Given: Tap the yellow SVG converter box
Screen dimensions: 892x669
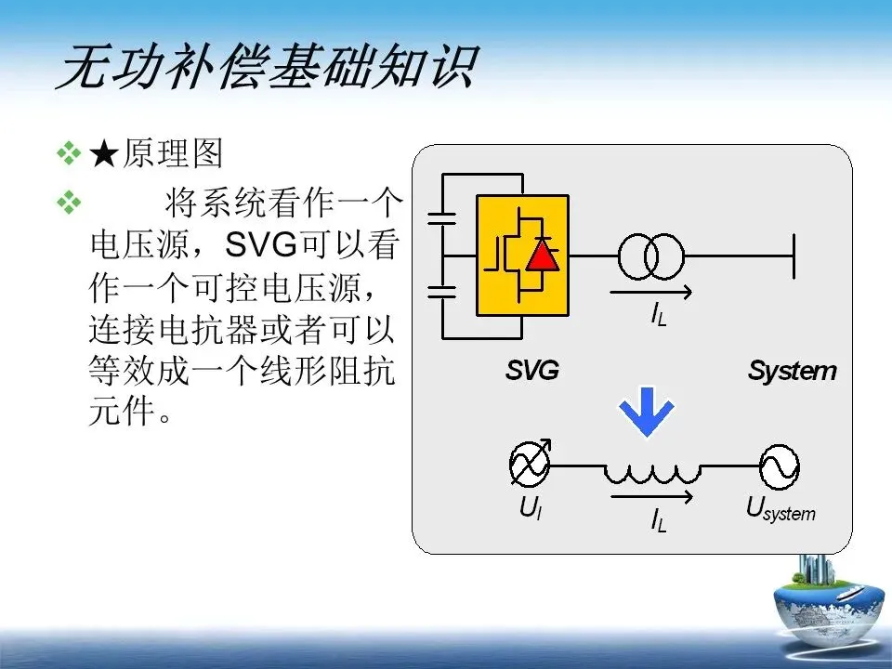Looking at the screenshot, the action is [522, 256].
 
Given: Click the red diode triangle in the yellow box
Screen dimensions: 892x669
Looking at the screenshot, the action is [542, 256].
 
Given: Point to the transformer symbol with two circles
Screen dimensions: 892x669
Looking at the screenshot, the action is [651, 256].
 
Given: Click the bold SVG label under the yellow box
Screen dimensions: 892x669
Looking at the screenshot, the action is [532, 371].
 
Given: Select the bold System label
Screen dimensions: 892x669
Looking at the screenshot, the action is [792, 372].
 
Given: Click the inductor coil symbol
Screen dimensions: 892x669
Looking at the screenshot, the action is [650, 472].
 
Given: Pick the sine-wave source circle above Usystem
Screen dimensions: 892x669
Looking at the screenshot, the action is [779, 466].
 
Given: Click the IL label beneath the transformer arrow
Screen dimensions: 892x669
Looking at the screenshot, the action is [658, 316].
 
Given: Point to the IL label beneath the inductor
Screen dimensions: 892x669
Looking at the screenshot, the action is [658, 521].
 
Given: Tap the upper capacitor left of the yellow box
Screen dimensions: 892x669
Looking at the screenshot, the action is [441, 219].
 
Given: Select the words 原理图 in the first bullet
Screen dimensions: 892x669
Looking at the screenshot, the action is [172, 154].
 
